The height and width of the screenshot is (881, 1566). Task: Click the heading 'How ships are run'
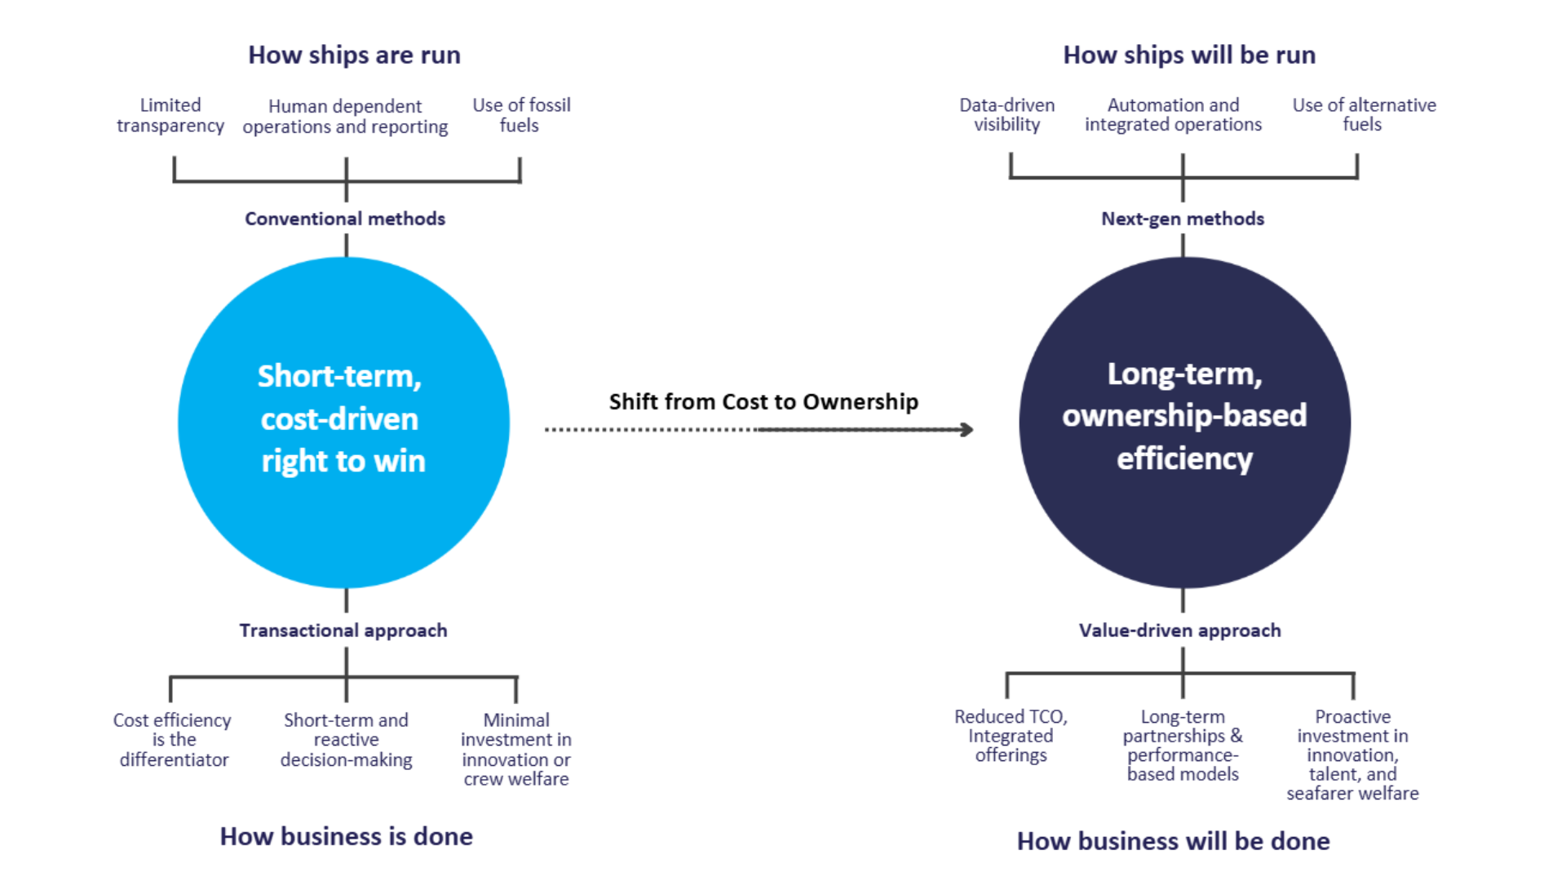click(x=354, y=55)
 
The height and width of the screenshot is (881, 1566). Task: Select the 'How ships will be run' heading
click(x=1189, y=55)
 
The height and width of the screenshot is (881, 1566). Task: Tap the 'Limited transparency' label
click(x=170, y=115)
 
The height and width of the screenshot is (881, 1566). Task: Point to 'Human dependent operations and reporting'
click(x=345, y=117)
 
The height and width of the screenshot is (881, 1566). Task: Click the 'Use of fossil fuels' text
click(x=521, y=115)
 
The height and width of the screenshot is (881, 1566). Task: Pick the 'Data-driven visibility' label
click(x=1007, y=115)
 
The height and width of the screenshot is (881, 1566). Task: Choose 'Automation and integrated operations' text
click(x=1173, y=115)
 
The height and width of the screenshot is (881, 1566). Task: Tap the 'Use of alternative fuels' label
click(x=1364, y=115)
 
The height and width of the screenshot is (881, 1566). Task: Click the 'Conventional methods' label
click(x=345, y=219)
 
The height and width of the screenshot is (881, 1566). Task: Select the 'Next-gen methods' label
click(x=1183, y=219)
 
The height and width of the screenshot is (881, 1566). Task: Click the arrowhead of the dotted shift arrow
click(x=967, y=430)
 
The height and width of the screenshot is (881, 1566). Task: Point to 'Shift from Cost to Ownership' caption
click(x=763, y=401)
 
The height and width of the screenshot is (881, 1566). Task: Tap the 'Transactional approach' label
click(x=343, y=631)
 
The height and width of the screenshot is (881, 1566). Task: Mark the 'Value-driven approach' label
click(x=1180, y=631)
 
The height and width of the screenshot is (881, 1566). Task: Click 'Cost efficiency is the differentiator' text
click(x=173, y=740)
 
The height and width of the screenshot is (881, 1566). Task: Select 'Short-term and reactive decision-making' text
click(x=347, y=740)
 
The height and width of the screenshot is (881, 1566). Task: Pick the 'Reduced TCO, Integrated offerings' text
click(x=1011, y=736)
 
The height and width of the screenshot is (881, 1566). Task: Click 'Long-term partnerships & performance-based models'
click(x=1183, y=746)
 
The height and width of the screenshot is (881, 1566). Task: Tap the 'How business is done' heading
click(x=347, y=837)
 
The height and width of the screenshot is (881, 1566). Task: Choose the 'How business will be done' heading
click(x=1173, y=841)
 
